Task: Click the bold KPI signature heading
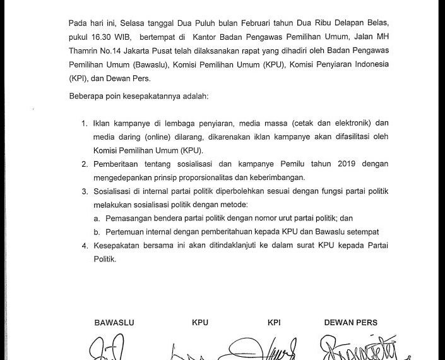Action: click(x=273, y=323)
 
